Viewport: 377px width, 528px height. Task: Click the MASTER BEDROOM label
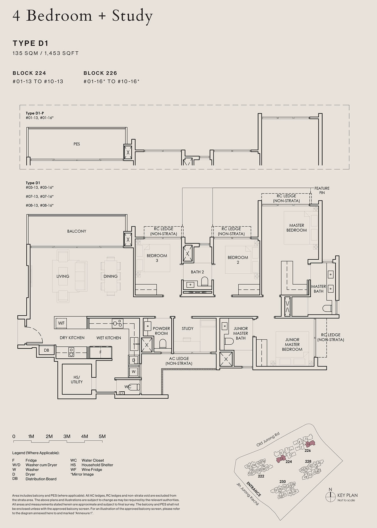click(296, 228)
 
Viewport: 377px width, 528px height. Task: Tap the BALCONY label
click(77, 231)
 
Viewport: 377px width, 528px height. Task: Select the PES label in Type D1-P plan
click(77, 144)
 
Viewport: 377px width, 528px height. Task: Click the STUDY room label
click(187, 328)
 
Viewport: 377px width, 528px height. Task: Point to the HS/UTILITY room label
click(77, 379)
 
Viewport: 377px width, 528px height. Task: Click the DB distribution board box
click(46, 350)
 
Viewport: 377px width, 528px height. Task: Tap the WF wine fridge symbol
click(61, 323)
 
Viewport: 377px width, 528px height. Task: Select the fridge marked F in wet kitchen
click(100, 352)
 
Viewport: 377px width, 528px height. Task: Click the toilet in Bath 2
click(204, 281)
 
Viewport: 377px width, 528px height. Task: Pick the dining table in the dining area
click(110, 276)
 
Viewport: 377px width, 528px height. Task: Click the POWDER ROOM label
click(161, 331)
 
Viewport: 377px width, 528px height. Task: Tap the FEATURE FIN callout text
click(322, 190)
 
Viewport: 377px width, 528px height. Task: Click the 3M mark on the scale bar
click(67, 436)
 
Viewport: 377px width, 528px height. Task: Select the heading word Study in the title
click(132, 16)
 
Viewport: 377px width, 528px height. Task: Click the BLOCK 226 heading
click(100, 73)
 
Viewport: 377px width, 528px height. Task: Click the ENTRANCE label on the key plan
click(254, 489)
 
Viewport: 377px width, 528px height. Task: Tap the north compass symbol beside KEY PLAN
click(330, 497)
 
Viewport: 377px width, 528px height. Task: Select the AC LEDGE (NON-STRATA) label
click(179, 361)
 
